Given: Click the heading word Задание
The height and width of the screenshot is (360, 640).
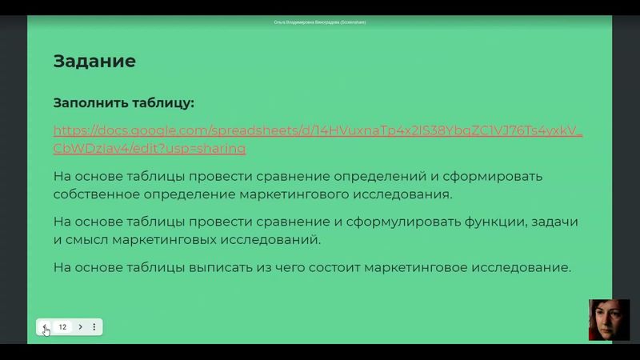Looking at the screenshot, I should coord(94,61).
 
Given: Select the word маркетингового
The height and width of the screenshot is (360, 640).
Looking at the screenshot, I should coord(294,194).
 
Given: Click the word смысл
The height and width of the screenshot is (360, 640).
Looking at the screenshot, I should coord(90,239).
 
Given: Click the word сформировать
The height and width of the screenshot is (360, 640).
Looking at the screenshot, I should coord(496,176).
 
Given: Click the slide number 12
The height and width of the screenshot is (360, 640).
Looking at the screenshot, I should coord(62,326).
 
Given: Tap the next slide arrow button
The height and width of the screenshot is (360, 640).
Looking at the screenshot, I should coord(81,326).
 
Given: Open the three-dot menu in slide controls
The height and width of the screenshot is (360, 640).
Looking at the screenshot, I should coord(94,326).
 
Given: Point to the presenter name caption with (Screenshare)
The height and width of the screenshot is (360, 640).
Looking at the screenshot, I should coord(320,22).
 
